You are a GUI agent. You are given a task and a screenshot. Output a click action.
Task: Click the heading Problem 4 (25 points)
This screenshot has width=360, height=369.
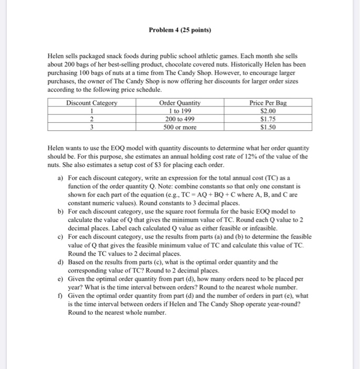pos(180,30)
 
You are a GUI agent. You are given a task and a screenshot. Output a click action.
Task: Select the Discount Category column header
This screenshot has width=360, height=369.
pos(92,103)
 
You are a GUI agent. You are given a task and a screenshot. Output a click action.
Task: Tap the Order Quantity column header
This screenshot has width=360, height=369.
pos(180,103)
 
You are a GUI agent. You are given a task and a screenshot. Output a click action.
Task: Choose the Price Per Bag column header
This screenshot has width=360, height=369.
pos(268,103)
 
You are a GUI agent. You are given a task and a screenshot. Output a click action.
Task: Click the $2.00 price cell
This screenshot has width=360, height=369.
pos(268,111)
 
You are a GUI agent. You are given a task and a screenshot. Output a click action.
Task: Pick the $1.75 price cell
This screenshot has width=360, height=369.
pos(268,119)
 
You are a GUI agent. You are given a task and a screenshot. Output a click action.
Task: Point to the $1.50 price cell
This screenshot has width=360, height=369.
pos(268,127)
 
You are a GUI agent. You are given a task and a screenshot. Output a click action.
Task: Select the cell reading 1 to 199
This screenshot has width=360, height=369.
pos(180,111)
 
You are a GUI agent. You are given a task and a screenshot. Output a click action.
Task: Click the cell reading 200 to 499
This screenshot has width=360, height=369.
pos(180,119)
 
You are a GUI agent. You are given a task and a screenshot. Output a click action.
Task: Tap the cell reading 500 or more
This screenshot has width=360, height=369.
pos(180,127)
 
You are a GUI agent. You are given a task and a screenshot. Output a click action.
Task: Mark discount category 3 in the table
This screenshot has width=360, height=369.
pos(92,127)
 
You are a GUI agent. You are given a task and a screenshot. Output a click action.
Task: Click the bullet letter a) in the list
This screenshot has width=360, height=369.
pos(61,179)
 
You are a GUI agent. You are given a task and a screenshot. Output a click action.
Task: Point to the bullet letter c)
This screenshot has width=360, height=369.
pos(61,237)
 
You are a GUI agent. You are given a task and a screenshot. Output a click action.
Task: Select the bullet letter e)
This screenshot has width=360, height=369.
pos(61,280)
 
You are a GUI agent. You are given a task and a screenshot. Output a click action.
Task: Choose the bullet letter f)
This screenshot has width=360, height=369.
pos(61,295)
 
